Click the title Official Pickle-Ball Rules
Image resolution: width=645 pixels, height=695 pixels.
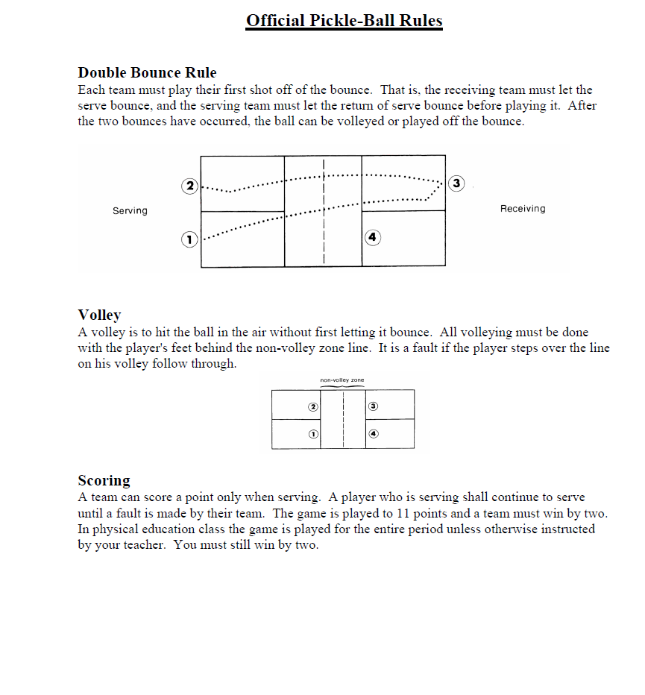click(344, 21)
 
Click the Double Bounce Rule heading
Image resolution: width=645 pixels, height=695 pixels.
click(147, 73)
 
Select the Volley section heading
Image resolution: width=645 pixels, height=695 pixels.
click(99, 315)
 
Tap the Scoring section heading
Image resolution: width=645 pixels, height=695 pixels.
click(104, 480)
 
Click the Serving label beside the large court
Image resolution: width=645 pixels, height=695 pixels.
click(130, 211)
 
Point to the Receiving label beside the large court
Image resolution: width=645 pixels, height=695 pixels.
click(522, 209)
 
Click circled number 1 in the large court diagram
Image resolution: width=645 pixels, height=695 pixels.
click(189, 239)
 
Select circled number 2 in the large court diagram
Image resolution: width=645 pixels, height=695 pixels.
click(190, 186)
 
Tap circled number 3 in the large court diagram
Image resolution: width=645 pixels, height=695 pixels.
click(456, 183)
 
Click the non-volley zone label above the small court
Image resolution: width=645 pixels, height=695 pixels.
click(342, 380)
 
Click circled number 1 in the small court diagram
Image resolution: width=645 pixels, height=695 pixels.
click(314, 433)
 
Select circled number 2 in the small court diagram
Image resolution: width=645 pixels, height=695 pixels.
click(313, 407)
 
